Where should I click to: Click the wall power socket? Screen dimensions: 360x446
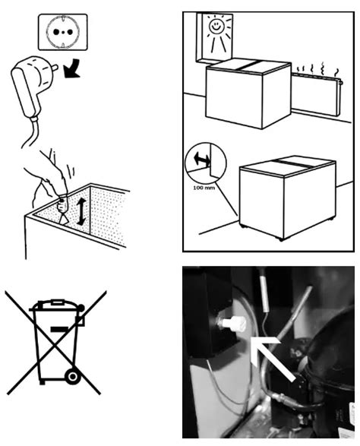click(x=63, y=32)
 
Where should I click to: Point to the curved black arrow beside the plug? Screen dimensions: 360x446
click(x=71, y=68)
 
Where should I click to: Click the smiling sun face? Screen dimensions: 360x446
click(x=216, y=26)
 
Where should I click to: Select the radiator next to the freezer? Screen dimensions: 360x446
click(x=317, y=94)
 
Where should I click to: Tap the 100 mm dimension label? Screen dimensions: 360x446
click(x=204, y=188)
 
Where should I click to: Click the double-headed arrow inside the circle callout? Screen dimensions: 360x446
click(x=202, y=160)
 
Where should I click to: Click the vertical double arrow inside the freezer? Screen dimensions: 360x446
click(x=81, y=211)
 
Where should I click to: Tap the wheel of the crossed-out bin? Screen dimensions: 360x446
click(x=72, y=377)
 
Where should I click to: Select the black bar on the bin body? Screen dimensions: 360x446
click(x=59, y=329)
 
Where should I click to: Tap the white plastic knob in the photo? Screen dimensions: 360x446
click(x=233, y=325)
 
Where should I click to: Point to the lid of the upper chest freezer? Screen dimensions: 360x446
click(x=249, y=65)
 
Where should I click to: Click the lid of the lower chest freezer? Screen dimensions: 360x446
click(x=287, y=166)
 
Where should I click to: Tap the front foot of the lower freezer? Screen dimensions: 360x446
click(x=282, y=239)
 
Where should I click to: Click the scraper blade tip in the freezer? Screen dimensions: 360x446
click(x=65, y=221)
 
